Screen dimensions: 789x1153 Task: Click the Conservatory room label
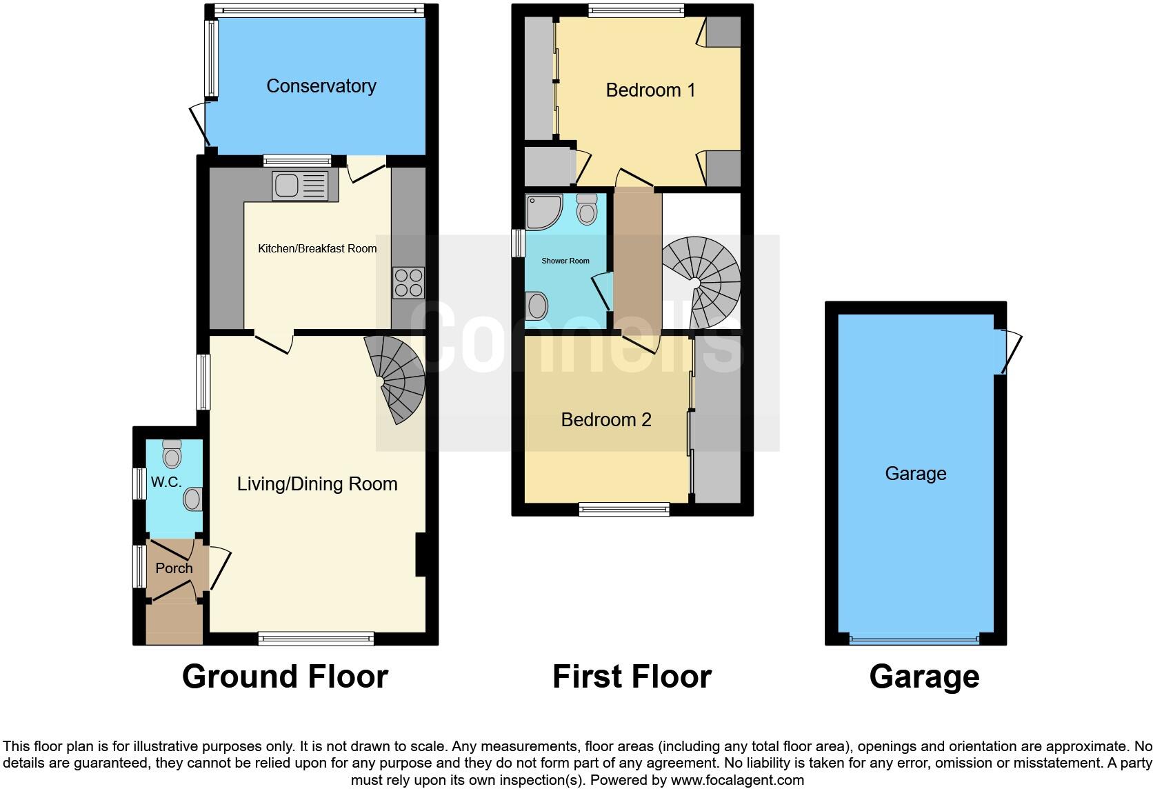[x=321, y=86]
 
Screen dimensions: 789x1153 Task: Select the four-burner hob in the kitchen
[x=408, y=282]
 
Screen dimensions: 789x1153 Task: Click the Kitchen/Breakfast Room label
[x=317, y=248]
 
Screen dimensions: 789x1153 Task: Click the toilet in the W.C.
[x=172, y=454]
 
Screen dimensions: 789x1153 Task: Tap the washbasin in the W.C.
[x=193, y=498]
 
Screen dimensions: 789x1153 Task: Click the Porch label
[x=174, y=568]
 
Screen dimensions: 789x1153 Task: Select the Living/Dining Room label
[x=317, y=484]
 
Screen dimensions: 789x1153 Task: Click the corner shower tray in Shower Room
[x=543, y=210]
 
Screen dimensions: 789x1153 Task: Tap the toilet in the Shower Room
[x=587, y=208]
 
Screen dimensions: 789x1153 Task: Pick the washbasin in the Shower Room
[x=536, y=306]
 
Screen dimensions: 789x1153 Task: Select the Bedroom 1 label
[x=650, y=90]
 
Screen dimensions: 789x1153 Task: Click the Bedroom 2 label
[x=606, y=420]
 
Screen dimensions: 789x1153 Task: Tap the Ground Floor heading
[x=285, y=677]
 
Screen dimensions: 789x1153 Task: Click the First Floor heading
[x=632, y=677]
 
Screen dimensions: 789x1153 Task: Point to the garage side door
[x=1008, y=351]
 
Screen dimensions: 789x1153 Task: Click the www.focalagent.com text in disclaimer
[x=737, y=780]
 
